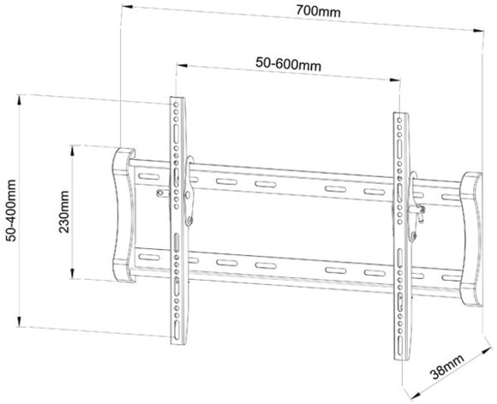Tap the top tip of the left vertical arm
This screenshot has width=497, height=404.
pyautogui.click(x=175, y=97)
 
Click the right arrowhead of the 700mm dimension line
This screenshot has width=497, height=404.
pyautogui.click(x=475, y=32)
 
